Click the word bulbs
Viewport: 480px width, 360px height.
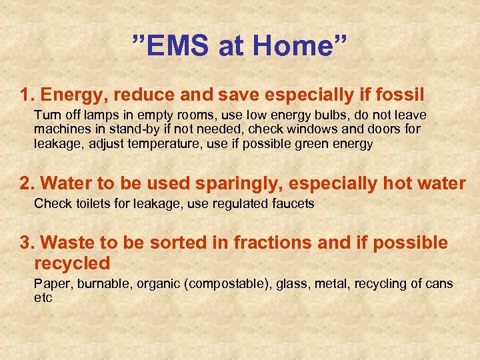[x=321, y=115]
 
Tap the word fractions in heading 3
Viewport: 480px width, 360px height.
[x=272, y=243]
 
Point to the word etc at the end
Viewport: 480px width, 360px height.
[x=43, y=297]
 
